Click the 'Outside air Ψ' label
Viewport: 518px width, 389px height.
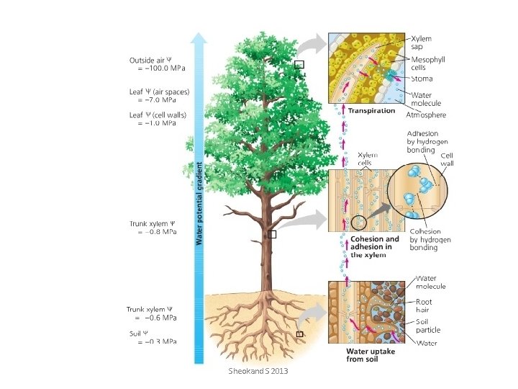pyautogui.click(x=150, y=60)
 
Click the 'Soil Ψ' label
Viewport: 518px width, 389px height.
pyautogui.click(x=139, y=334)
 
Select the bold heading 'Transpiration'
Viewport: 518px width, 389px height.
pyautogui.click(x=371, y=111)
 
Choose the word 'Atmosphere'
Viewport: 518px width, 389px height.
pyautogui.click(x=426, y=115)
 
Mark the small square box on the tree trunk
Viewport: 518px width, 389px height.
pyautogui.click(x=272, y=235)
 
